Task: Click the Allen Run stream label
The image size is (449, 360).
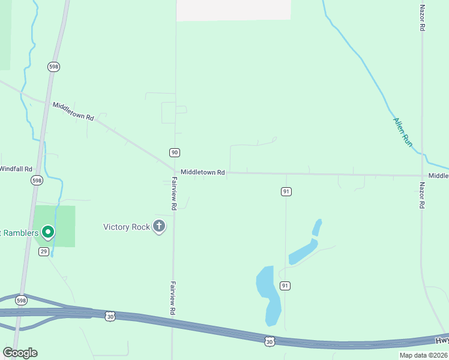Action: coord(403,131)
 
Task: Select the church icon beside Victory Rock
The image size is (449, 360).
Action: coord(159,227)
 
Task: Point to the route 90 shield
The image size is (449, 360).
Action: coord(174,152)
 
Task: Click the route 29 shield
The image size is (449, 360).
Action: coord(44,251)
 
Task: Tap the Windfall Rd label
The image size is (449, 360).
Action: coord(16,169)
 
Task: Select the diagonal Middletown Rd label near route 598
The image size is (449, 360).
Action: coord(73,112)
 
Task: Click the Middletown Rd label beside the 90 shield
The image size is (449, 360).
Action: coord(203,172)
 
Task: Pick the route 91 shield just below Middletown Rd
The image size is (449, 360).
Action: coord(286,191)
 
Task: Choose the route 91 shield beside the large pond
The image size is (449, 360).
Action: coord(285,286)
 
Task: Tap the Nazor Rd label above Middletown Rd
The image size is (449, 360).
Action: coord(423,18)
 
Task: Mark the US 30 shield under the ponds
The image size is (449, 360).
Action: coord(270,341)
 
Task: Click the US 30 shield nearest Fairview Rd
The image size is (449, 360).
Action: coord(109,316)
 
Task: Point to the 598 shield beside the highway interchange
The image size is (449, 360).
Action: coord(21,300)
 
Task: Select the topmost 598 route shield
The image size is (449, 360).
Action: coord(54,67)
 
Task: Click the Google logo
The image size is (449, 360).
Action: coord(20,353)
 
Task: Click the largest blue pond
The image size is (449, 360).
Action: coord(268,294)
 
